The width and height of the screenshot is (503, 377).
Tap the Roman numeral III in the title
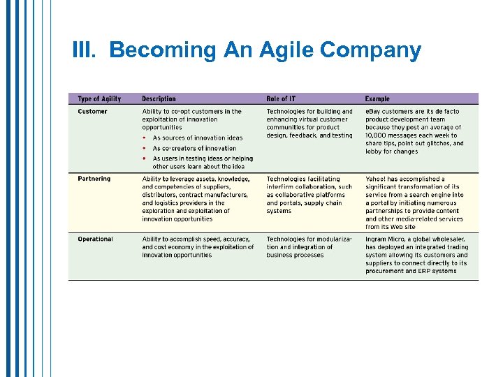coord(86,50)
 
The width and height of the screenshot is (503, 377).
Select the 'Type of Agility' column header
coord(99,99)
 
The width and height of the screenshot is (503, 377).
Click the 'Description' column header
coord(159,99)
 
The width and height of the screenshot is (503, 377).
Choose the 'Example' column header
coord(377,99)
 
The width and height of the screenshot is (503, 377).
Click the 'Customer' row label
coord(92,112)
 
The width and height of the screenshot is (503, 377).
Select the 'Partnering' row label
coord(94,179)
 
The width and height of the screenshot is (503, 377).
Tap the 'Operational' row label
coord(95,239)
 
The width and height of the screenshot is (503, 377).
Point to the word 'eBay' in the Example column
coord(373,112)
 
